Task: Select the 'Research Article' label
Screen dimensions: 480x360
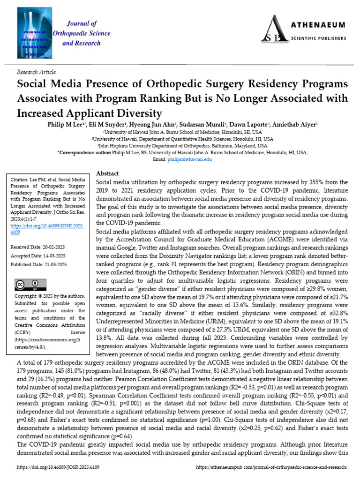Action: click(x=36, y=72)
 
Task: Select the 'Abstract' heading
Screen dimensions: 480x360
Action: click(x=107, y=173)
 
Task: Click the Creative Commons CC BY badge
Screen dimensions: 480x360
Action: click(x=31, y=285)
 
